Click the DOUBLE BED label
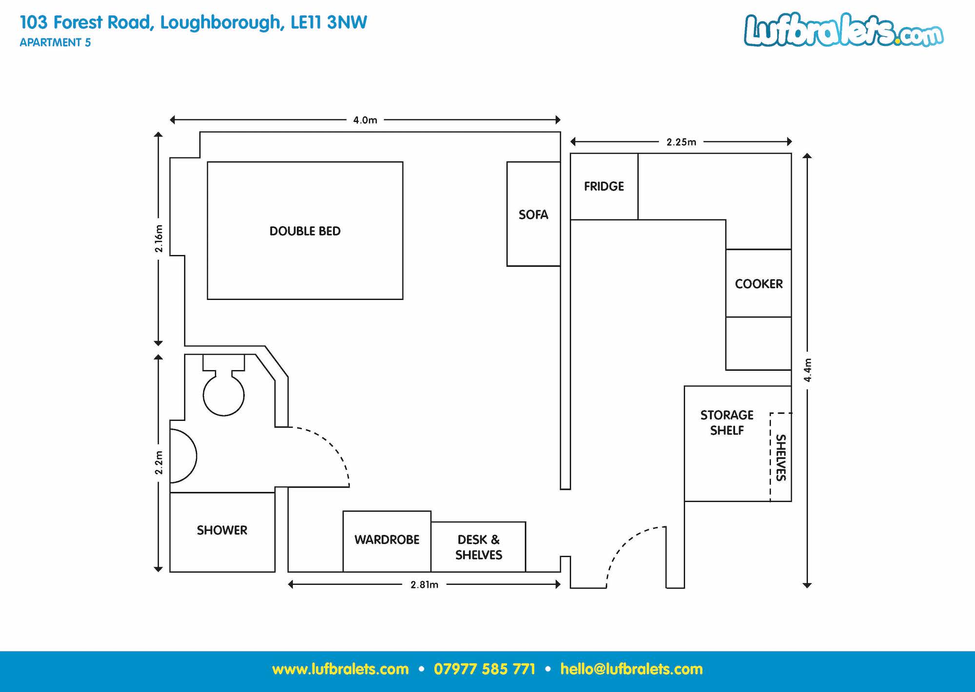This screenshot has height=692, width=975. (x=305, y=231)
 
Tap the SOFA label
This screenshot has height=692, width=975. (x=533, y=215)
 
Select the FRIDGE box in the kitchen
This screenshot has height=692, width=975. (x=604, y=186)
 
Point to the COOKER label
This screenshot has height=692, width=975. (x=759, y=284)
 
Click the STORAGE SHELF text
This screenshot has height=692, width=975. (x=727, y=423)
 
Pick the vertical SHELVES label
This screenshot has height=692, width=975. (x=781, y=457)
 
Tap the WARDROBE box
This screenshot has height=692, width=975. (x=387, y=541)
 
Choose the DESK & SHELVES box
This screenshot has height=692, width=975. (x=478, y=547)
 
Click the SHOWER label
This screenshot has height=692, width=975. (x=222, y=530)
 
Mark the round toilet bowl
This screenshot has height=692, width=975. (x=224, y=395)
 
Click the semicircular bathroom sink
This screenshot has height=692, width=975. (x=183, y=456)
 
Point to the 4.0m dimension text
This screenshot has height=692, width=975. (x=365, y=120)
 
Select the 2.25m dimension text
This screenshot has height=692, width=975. (x=681, y=142)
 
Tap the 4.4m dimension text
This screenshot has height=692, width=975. (x=808, y=370)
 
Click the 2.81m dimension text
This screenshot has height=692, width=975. (x=424, y=585)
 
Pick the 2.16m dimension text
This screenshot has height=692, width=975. (x=158, y=238)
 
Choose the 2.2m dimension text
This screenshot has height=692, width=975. (x=158, y=462)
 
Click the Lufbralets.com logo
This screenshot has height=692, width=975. (x=844, y=30)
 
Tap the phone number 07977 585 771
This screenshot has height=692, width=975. (x=485, y=669)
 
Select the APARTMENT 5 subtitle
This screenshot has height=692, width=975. (x=55, y=42)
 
